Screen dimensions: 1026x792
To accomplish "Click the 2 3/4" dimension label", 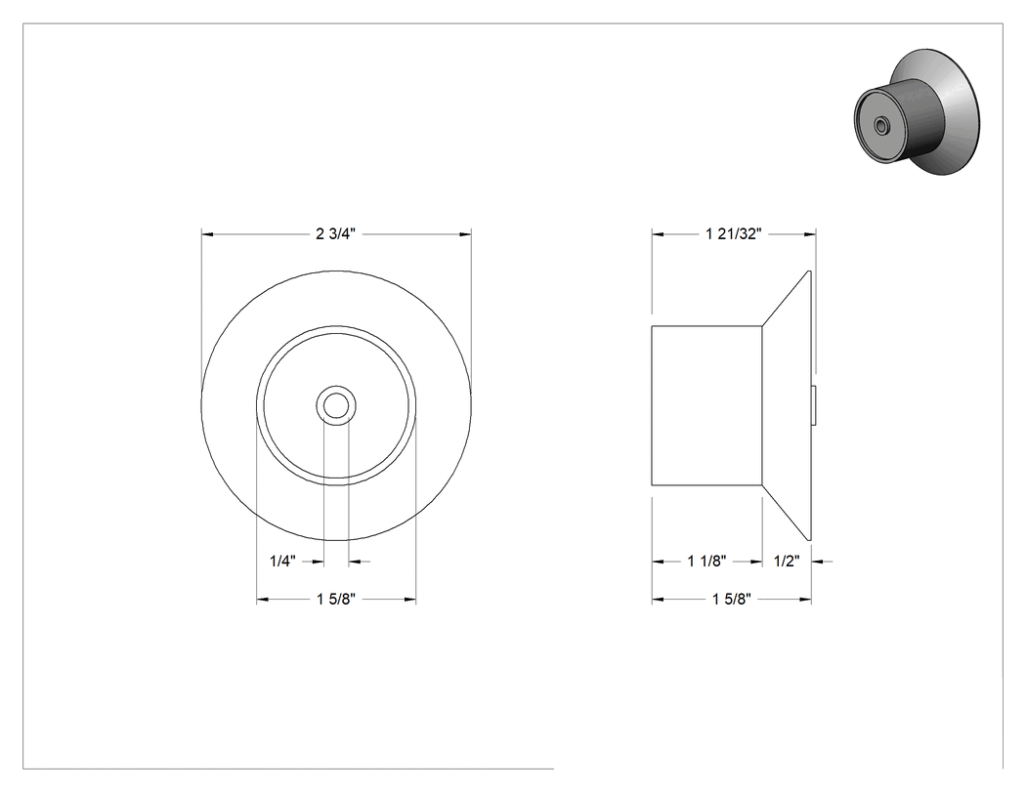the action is [336, 233].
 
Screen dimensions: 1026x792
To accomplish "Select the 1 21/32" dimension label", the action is [734, 233].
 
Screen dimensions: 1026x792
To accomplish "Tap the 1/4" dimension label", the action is [283, 562].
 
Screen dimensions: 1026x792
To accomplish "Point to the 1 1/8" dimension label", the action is [707, 562].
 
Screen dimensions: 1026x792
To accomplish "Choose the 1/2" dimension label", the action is [788, 562].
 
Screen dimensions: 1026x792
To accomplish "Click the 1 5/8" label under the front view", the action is [336, 599].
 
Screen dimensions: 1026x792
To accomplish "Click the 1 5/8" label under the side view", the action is [732, 599].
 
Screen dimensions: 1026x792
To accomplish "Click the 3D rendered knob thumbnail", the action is [918, 112].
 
